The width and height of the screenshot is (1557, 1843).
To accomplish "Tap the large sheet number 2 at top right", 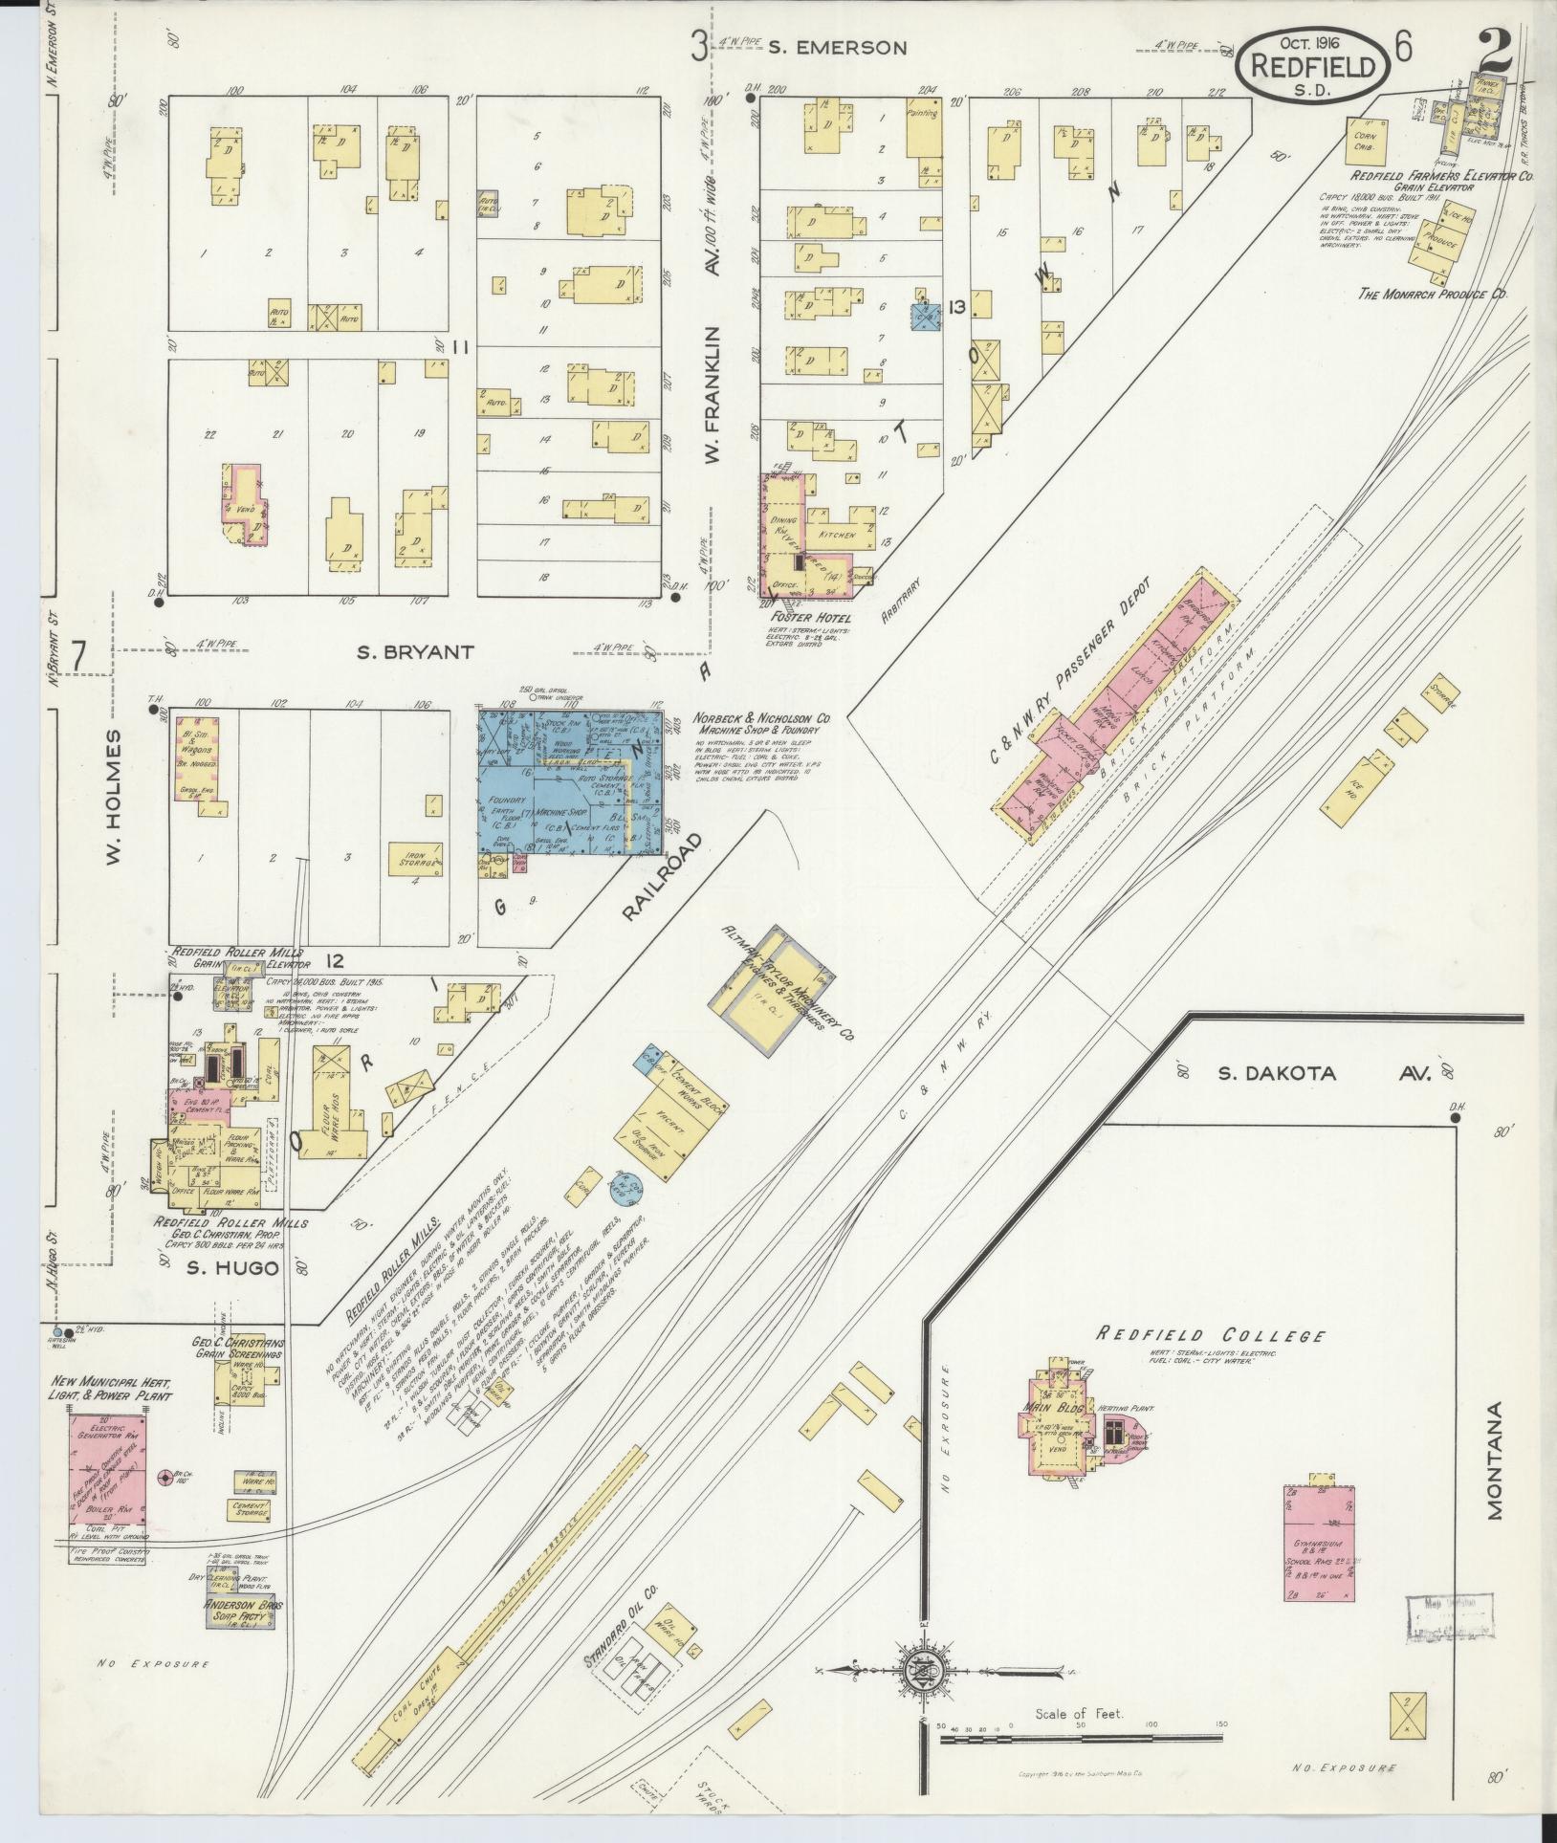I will (x=1495, y=48).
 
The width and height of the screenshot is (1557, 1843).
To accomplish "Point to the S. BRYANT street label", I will (x=415, y=652).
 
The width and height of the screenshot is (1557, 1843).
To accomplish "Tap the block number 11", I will (x=461, y=348).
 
